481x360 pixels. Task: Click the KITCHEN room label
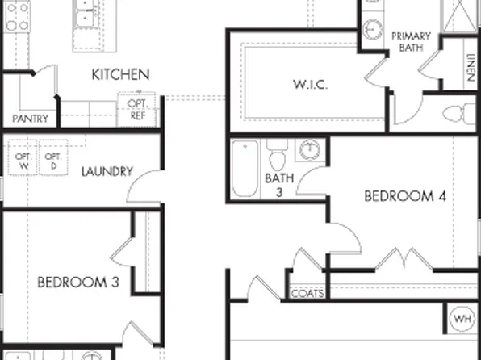click(119, 74)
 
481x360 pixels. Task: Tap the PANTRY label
click(31, 119)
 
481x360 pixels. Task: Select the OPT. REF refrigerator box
click(137, 110)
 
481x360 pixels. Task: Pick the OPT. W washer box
click(22, 159)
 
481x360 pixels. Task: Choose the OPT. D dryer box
click(53, 159)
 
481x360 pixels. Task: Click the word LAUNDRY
click(107, 171)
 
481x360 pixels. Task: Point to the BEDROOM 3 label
click(78, 283)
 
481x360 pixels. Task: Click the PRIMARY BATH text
click(411, 42)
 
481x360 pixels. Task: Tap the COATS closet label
click(307, 294)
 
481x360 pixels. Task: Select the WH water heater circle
click(462, 317)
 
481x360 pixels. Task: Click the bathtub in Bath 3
click(245, 168)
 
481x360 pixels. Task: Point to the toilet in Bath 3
click(278, 153)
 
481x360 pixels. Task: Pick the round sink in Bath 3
click(310, 149)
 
